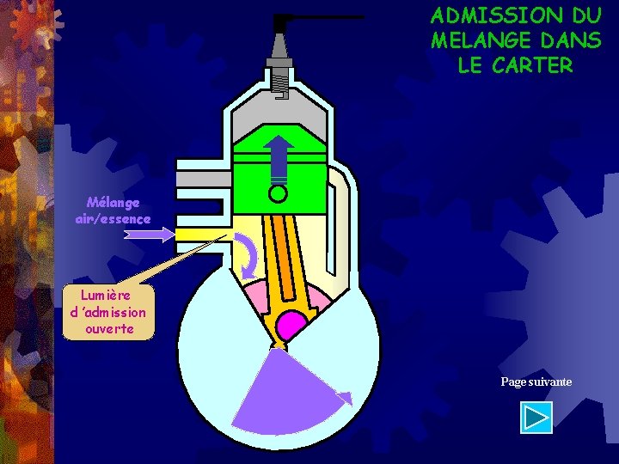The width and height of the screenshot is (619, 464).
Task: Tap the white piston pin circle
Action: [279, 193]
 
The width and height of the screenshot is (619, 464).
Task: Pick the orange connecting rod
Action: [284, 266]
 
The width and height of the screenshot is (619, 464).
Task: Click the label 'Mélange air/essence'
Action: [113, 211]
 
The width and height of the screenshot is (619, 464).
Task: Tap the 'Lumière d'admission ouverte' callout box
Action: [108, 311]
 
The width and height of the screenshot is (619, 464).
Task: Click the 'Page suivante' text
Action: [536, 382]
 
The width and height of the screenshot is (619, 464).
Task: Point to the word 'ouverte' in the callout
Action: [108, 327]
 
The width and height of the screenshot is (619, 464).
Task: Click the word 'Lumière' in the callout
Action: [107, 295]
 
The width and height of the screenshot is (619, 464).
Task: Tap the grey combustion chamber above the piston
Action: [279, 110]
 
